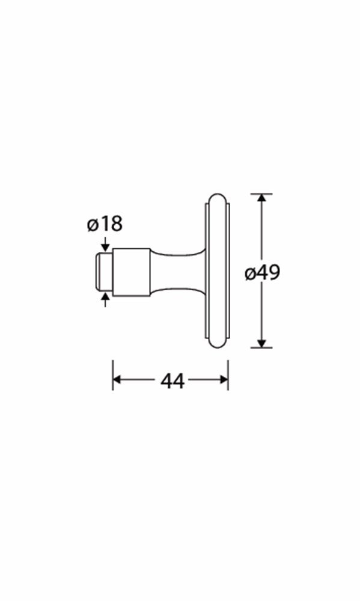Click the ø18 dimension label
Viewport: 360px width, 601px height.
[105, 224]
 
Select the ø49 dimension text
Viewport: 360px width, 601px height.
[263, 272]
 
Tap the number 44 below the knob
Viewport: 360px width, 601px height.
[172, 380]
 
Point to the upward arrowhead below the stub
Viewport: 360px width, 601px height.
[105, 296]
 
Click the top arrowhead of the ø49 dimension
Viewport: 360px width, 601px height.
[261, 198]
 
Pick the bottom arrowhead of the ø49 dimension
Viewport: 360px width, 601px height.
[261, 343]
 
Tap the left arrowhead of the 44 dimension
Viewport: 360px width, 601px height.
[117, 379]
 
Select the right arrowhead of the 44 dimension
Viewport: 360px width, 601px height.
[224, 379]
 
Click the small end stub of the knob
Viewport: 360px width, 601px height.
[103, 272]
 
